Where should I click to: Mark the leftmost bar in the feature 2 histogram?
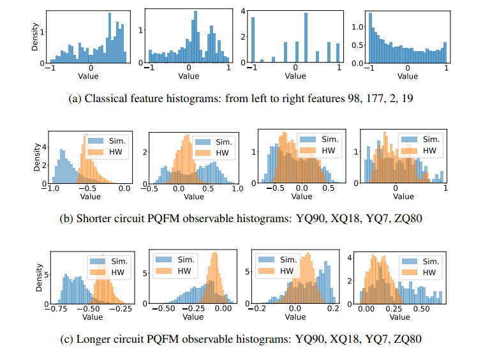pyautogui.click(x=253, y=40)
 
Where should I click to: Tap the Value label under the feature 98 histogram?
pyautogui.click(x=89, y=75)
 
